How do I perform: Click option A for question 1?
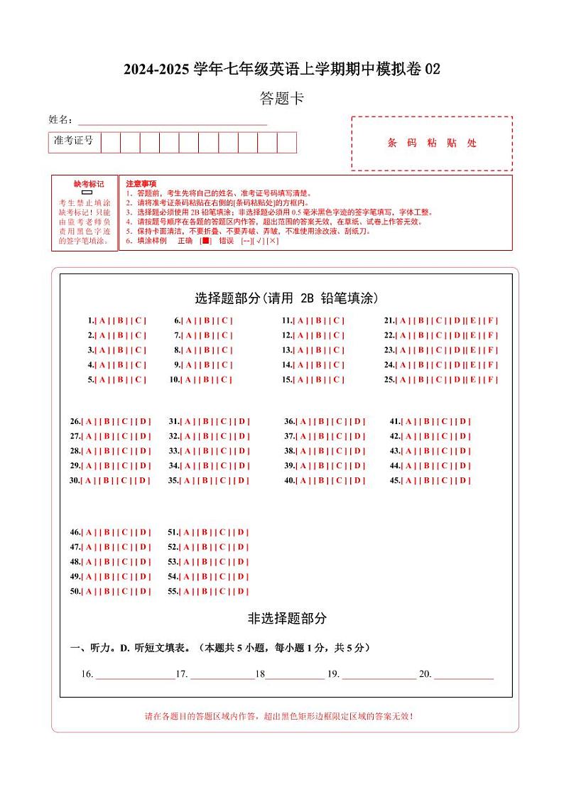[x=101, y=320]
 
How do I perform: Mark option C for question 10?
[x=226, y=380]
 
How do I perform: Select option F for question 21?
[x=492, y=320]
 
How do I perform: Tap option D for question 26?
[x=144, y=421]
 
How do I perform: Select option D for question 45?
[x=464, y=481]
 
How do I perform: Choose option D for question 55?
[x=242, y=592]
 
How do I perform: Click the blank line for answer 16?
[x=135, y=675]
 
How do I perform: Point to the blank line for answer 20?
[x=463, y=675]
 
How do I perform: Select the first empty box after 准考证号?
[x=110, y=142]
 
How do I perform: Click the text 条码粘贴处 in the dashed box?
[x=432, y=143]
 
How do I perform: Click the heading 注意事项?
[x=141, y=184]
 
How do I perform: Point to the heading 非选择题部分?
[x=287, y=619]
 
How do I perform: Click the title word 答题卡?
[x=282, y=99]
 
